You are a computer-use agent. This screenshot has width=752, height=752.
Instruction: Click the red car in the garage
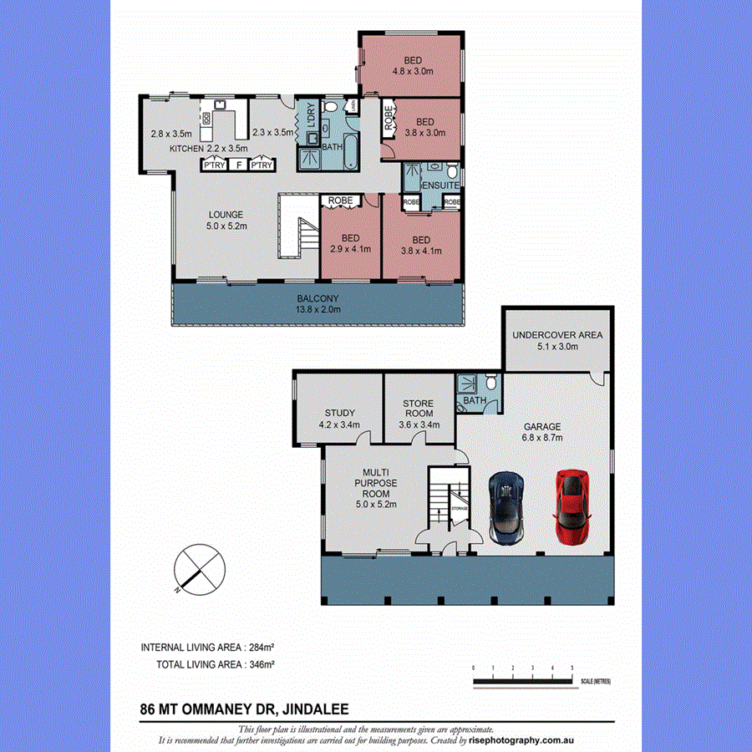point(572,508)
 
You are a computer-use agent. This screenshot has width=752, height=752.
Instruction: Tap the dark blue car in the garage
point(506,509)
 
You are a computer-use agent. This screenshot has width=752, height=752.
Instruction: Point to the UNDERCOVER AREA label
point(557,341)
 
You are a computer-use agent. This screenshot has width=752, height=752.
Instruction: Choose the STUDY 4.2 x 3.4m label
point(339,419)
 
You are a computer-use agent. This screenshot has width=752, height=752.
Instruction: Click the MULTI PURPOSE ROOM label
point(375,488)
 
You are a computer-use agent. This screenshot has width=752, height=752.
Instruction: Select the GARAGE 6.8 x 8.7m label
point(541,431)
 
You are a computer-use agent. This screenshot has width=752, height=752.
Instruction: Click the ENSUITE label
point(438,185)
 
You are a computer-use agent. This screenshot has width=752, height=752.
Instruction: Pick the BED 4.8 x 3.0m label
point(413,65)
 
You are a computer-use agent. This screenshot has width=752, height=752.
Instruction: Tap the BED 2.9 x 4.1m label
point(350,243)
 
